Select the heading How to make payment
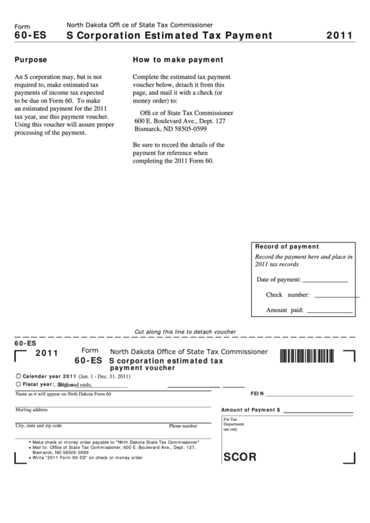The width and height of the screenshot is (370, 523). tap(178, 60)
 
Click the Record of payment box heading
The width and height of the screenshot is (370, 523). tap(287, 246)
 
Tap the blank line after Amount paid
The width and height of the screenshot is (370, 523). tap(330, 310)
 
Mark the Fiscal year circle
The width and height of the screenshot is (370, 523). tap(18, 384)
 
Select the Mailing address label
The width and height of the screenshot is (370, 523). tap(31, 410)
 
